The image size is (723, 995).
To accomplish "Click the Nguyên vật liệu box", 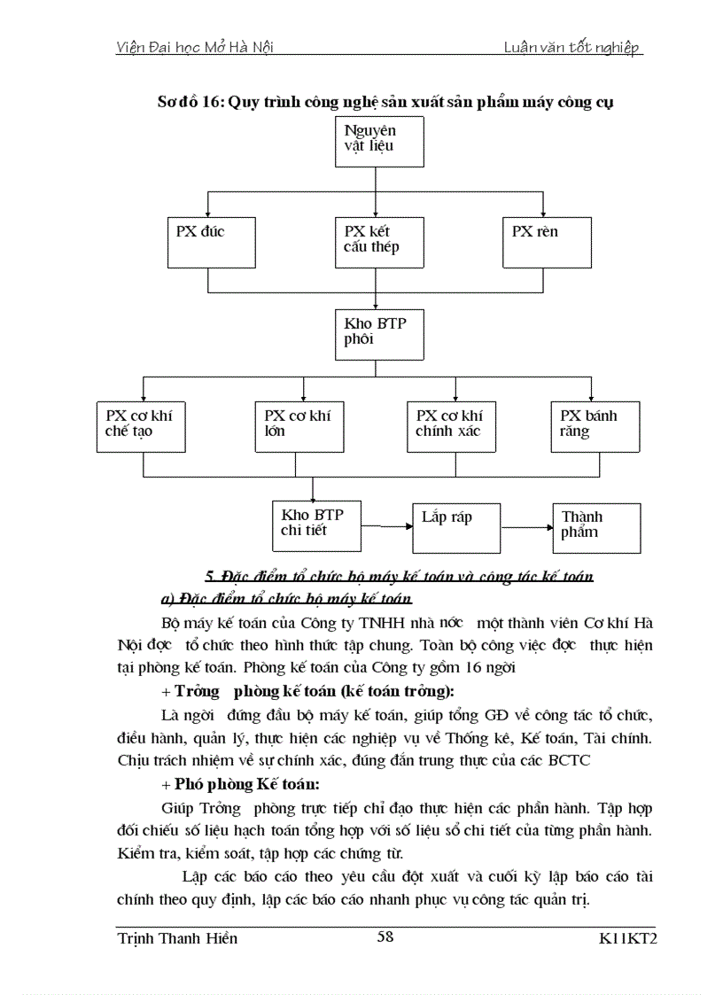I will tap(378, 141).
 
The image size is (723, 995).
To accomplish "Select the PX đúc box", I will tap(207, 241).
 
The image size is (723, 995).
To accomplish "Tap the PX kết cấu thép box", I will tap(378, 241).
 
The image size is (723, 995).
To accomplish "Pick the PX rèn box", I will tap(543, 241).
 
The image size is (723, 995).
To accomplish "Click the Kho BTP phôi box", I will tap(378, 333).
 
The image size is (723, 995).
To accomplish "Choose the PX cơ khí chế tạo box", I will tap(141, 426).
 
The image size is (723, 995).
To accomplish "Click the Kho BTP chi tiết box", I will tap(316, 525).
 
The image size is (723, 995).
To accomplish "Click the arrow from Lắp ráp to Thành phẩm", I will tap(527, 526).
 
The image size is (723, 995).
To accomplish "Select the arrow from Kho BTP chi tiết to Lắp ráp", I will tap(387, 526).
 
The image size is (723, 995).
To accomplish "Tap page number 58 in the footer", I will tap(385, 937).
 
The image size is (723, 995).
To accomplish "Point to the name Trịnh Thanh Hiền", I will tap(177, 938).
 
